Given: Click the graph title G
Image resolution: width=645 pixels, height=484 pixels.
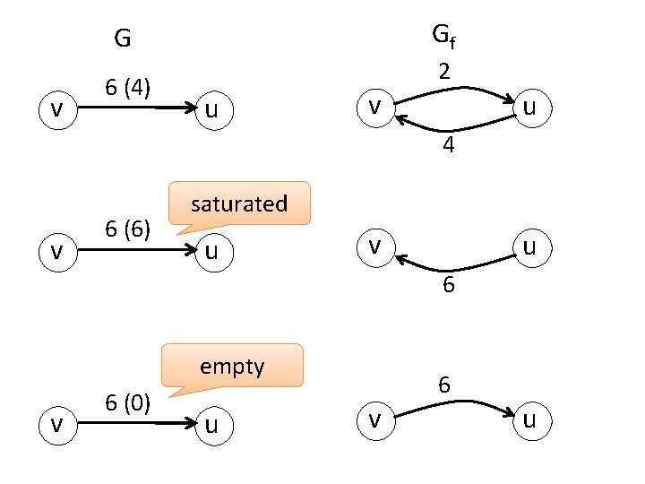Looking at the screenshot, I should pos(123,39).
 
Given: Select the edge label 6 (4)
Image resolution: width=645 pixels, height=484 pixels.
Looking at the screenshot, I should pos(127,88).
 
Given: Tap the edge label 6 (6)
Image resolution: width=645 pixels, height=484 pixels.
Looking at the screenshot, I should pos(127,228).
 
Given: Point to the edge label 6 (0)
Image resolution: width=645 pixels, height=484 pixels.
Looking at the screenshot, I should pos(127,402).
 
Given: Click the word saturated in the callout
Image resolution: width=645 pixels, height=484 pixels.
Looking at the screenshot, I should pos(238,203).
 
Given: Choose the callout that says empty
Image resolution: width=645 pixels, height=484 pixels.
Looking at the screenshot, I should pos(232,366).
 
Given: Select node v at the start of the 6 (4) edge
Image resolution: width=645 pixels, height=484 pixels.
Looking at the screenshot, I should pos(57,109).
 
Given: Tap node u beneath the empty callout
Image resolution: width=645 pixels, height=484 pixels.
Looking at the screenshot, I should pos(212,424).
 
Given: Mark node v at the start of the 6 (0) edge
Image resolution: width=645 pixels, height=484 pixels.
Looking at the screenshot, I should pos(57,424).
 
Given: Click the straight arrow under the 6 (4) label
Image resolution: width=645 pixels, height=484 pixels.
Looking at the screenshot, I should pos(134,108).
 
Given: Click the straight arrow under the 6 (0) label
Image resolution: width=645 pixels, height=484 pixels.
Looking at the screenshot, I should pos(134,423).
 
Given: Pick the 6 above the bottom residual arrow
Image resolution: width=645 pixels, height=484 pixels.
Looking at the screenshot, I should pos(443,385).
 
